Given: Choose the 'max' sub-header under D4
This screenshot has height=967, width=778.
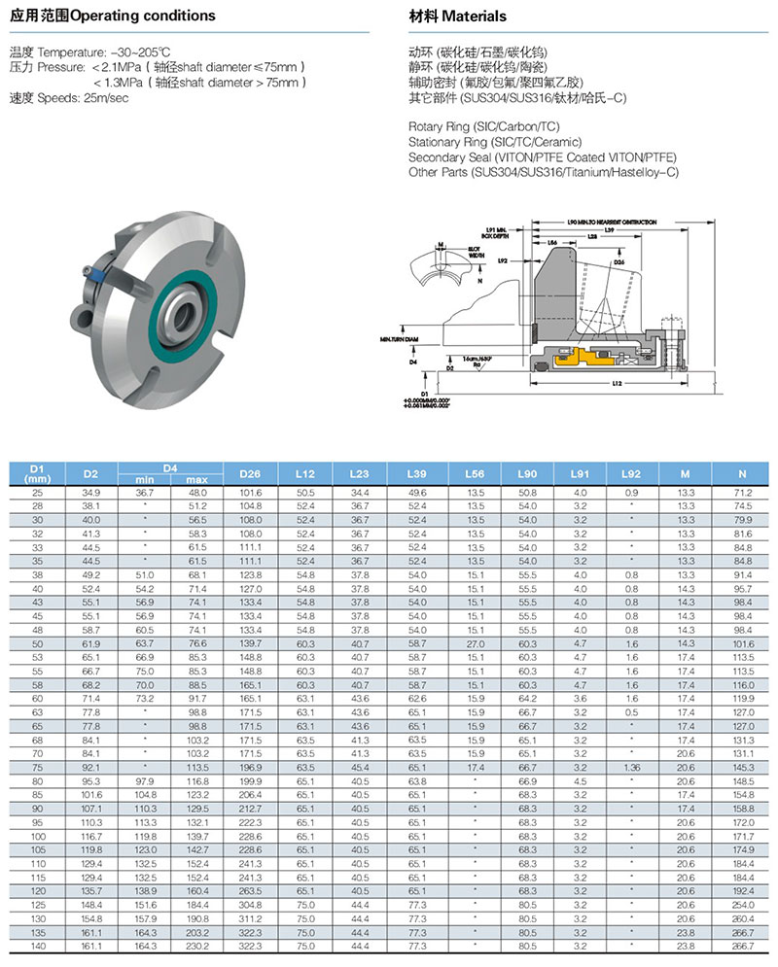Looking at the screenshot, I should point(198,480).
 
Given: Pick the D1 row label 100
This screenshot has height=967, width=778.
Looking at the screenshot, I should point(38,836).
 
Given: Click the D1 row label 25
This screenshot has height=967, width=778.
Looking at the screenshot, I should point(38,494).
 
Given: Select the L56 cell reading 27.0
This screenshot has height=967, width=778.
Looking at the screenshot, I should point(476,643).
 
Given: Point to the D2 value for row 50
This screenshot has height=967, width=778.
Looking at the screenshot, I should point(90,643).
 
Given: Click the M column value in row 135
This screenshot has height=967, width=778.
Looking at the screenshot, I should point(686,931).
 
